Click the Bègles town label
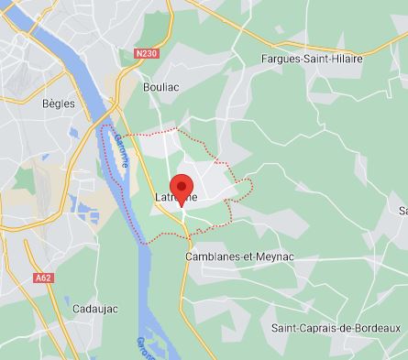point(57,104)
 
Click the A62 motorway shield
point(44,274)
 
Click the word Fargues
point(279,60)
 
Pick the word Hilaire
point(346,60)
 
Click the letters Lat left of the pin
point(164,196)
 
